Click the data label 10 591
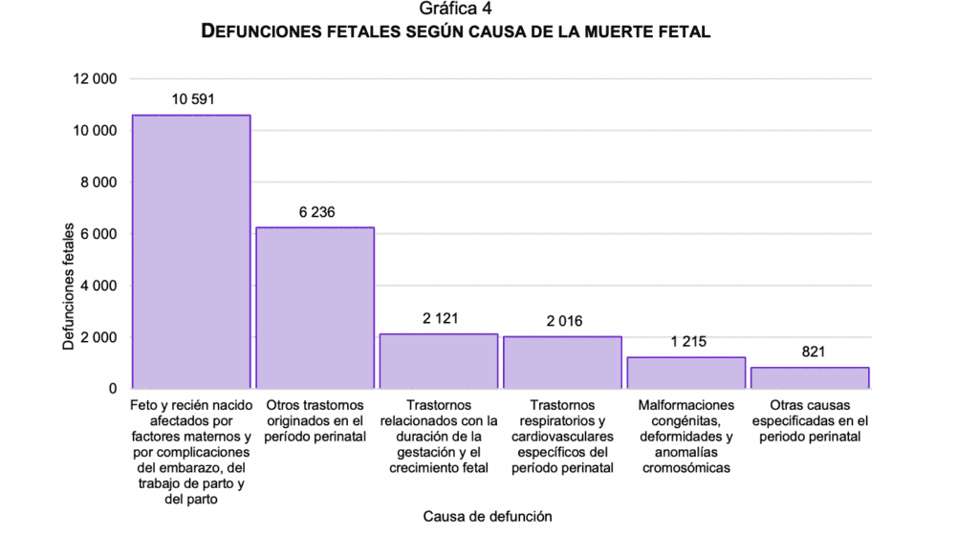192,99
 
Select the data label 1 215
686,341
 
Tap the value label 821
810,352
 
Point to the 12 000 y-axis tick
95,79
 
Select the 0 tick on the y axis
112,389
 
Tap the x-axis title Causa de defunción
488,516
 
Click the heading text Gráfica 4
455,10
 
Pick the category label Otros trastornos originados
315,420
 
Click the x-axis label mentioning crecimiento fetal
439,437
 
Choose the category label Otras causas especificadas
810,420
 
